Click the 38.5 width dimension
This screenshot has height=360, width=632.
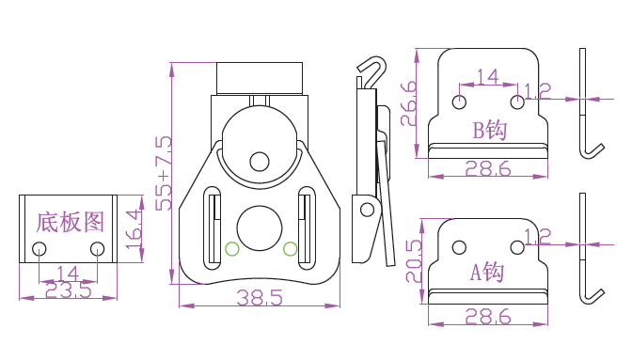pyautogui.click(x=260, y=298)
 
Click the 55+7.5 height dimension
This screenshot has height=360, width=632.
pyautogui.click(x=164, y=173)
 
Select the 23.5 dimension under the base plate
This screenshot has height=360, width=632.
pyautogui.click(x=68, y=290)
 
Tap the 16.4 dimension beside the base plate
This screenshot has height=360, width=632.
pyautogui.click(x=134, y=229)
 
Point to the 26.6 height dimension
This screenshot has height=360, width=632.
pyautogui.click(x=409, y=103)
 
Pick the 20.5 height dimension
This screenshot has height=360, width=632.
pyautogui.click(x=414, y=261)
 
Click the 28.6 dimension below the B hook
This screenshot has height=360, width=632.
pyautogui.click(x=488, y=169)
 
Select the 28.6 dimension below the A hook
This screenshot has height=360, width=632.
pyautogui.click(x=488, y=317)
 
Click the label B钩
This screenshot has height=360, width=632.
pyautogui.click(x=489, y=130)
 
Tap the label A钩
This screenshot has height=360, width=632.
pyautogui.click(x=487, y=272)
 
